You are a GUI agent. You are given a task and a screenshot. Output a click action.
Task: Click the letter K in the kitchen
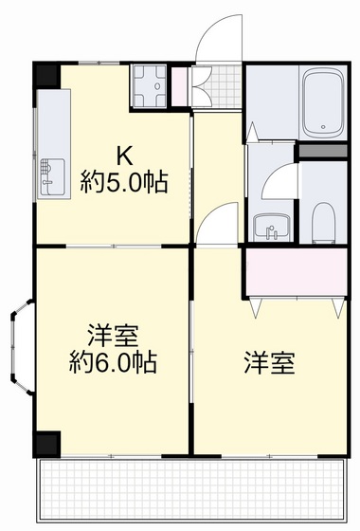tap(124, 155)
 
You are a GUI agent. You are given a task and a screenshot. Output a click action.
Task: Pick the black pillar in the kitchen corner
tap(46, 75)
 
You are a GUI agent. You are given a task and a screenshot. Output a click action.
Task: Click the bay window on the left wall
tap(23, 350)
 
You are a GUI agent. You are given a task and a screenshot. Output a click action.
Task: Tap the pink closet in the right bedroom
tap(295, 270)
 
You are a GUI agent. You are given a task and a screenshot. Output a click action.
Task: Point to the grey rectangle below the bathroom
tap(322, 150)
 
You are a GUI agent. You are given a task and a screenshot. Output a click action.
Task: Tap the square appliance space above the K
tap(148, 84)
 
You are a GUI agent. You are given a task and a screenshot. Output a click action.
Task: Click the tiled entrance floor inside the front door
tap(214, 90)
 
